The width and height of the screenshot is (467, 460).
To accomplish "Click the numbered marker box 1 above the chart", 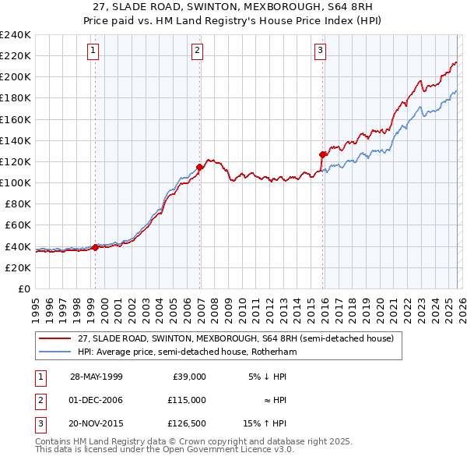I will (93, 51).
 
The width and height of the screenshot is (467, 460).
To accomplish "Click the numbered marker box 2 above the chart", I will (197, 51).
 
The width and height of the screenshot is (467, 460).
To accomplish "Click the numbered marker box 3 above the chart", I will (320, 51).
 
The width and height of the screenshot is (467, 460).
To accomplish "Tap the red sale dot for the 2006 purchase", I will (200, 166).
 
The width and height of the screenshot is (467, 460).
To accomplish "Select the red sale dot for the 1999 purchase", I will (95, 247).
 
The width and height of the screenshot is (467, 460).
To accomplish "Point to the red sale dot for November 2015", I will (323, 154).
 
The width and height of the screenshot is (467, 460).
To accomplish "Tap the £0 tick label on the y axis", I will (23, 288).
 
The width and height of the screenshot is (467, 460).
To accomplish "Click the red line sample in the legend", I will (55, 339).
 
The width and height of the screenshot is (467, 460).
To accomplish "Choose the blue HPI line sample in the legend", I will (55, 352).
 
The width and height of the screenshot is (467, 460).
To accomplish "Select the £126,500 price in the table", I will (187, 423).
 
